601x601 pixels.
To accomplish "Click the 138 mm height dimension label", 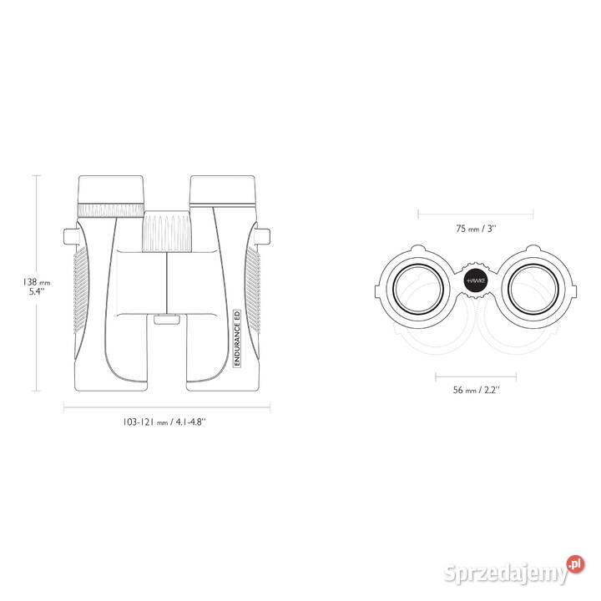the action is point(36,286).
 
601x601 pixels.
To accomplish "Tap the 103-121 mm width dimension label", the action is point(164,422).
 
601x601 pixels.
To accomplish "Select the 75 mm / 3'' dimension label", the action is point(476,229).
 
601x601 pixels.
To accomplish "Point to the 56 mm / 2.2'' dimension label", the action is point(476,390).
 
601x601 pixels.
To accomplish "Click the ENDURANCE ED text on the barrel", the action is point(237,338).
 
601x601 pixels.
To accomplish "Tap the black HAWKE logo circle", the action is point(476,280).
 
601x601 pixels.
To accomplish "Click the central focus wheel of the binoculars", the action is point(167,230).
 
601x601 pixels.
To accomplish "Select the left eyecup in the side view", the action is point(111,189).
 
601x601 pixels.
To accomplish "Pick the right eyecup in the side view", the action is point(222,190).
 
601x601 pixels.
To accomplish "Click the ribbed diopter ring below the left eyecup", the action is point(111,210).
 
